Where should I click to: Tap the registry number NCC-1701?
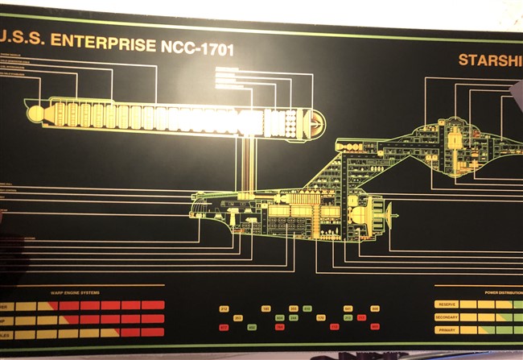tap(195, 48)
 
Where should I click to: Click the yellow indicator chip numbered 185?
tap(266, 309)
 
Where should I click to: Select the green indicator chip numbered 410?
tap(307, 309)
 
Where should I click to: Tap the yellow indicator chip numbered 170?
tap(320, 318)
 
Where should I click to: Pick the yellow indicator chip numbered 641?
tap(348, 309)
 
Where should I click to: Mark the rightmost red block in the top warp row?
tap(153, 305)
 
